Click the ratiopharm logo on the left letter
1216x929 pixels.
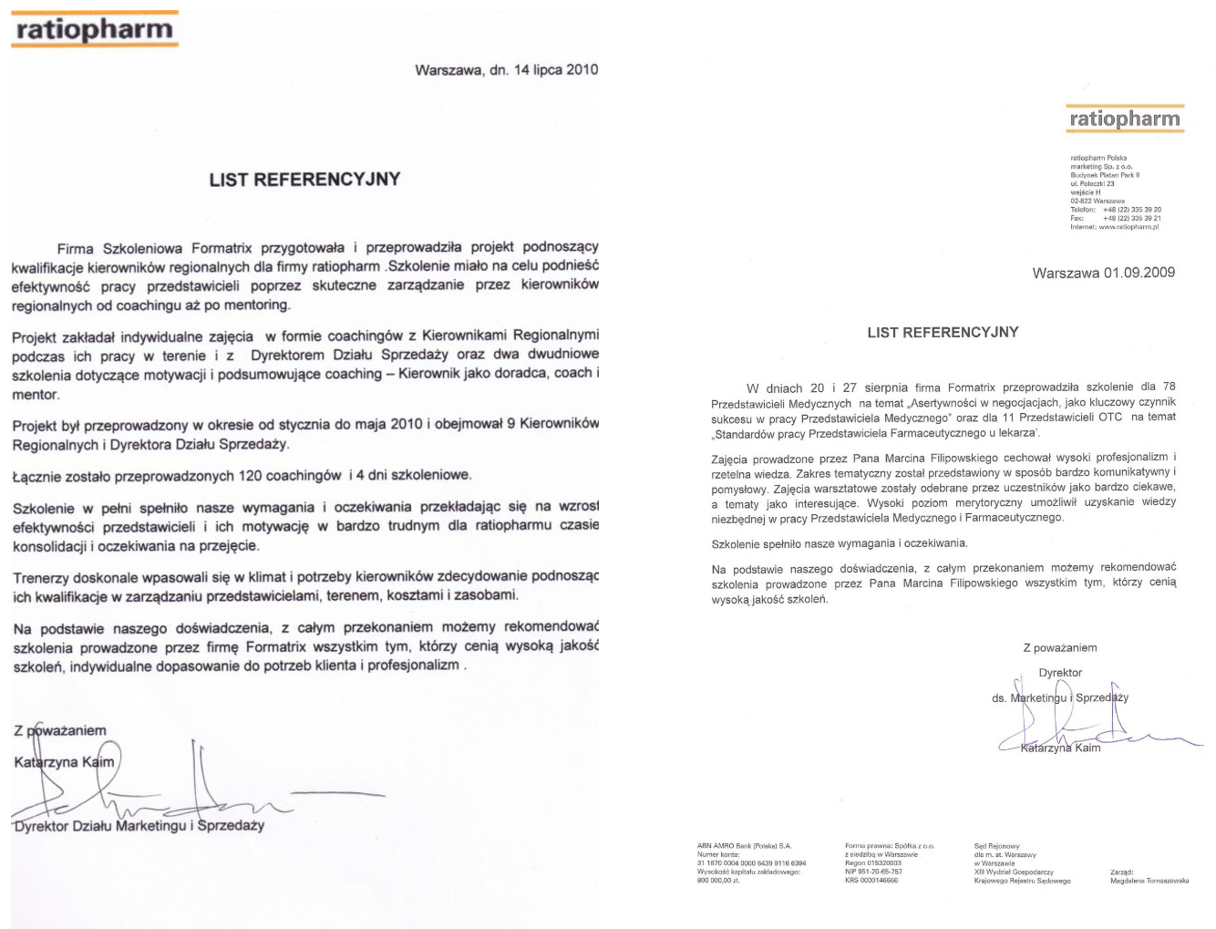(94, 29)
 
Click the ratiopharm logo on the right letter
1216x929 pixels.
(1125, 119)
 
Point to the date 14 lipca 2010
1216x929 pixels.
(556, 69)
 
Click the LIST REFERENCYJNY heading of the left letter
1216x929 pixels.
(304, 180)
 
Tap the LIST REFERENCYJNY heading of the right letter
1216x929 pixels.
(943, 333)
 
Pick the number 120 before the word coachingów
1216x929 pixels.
(251, 475)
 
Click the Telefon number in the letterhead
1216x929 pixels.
(1131, 210)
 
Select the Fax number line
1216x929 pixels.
(1131, 219)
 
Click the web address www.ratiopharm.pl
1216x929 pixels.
(1128, 227)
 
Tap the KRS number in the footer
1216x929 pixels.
(871, 881)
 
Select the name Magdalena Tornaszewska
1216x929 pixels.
(1149, 881)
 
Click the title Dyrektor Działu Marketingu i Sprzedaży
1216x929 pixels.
(139, 826)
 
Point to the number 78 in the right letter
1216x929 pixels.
(1169, 387)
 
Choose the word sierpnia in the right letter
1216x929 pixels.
(886, 387)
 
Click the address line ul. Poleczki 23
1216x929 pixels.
(1092, 184)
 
